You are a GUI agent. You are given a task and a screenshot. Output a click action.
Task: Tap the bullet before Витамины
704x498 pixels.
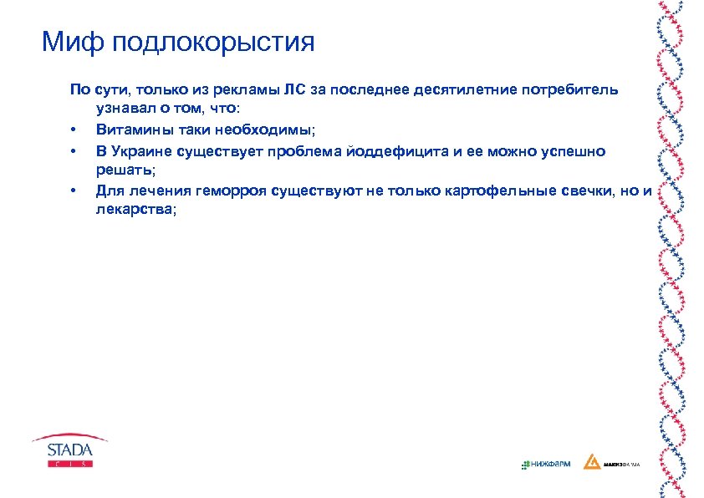[74, 131]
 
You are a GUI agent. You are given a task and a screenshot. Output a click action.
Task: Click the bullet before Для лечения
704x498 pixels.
[74, 191]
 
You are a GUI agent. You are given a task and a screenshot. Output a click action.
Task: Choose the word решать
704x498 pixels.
[123, 170]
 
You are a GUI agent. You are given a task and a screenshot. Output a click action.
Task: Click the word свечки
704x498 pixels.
[574, 191]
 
